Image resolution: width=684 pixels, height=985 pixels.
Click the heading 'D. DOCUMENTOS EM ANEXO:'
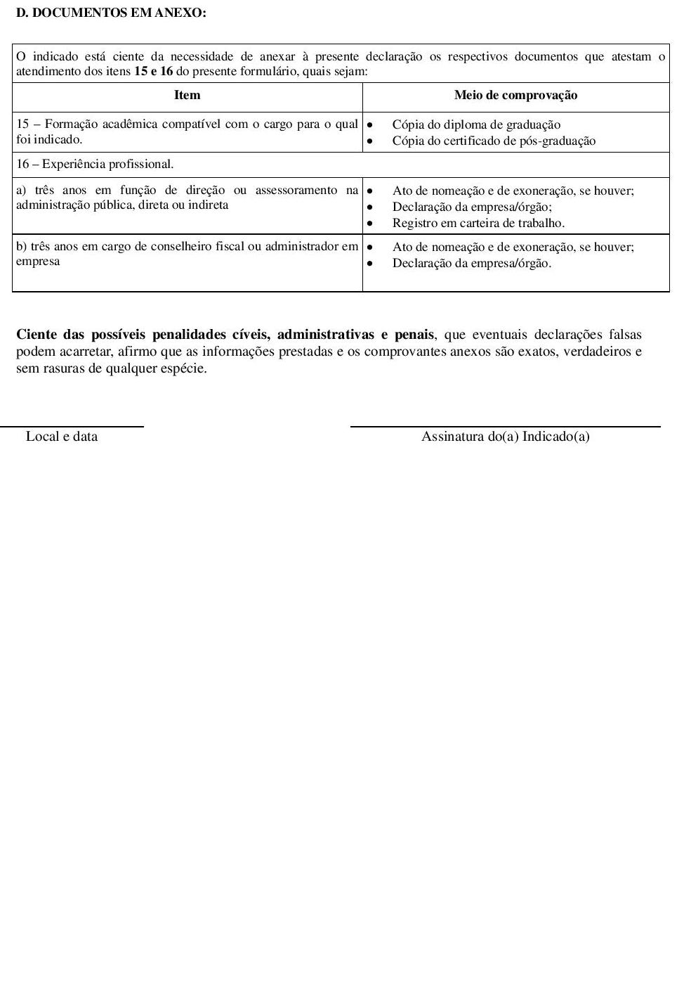coord(111,13)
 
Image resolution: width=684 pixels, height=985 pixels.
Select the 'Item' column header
coord(187,96)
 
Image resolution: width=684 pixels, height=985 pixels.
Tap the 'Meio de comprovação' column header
coord(515,96)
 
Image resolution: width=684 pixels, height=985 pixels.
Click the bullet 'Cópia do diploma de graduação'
coord(476,125)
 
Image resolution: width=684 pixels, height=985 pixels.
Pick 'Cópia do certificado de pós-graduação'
coord(494,141)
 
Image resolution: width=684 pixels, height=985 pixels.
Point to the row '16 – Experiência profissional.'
coord(95,165)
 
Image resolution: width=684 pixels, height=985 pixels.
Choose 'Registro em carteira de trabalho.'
coord(478,224)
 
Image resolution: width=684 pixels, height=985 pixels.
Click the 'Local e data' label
coord(62,437)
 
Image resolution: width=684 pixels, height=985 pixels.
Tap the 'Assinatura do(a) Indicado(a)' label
coord(505,437)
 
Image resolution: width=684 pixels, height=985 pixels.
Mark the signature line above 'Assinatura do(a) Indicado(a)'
coord(505,426)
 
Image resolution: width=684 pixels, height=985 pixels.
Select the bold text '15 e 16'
coord(153,72)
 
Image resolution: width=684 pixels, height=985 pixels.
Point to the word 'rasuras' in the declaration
coord(63,368)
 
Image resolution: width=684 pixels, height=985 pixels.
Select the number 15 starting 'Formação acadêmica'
coord(23,124)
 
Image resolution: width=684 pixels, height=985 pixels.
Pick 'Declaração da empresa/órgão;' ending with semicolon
coord(472,207)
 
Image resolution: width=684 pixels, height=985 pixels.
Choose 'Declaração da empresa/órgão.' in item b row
coord(472,264)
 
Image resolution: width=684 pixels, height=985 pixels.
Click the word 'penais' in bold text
coord(414,335)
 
